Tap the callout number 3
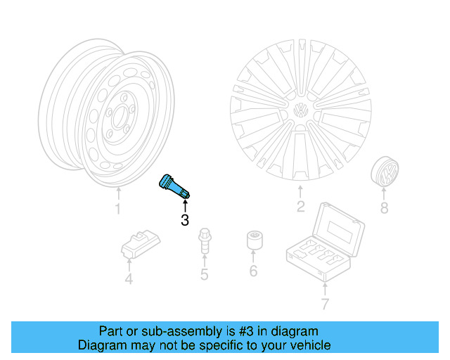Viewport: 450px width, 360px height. (185, 221)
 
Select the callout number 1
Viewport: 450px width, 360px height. (117, 209)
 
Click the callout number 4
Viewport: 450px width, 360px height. (129, 280)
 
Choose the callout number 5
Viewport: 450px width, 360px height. (204, 274)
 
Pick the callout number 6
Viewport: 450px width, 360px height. (253, 271)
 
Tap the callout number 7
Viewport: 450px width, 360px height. (324, 304)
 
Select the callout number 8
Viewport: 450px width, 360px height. (384, 208)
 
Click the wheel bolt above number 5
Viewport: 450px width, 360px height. (204, 241)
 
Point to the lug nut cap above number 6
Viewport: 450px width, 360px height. (253, 240)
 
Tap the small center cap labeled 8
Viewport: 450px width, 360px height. (385, 172)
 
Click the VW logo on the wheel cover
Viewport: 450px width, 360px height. (300, 111)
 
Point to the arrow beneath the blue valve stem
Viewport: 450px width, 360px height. (185, 205)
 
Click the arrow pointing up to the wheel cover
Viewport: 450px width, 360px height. (300, 192)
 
